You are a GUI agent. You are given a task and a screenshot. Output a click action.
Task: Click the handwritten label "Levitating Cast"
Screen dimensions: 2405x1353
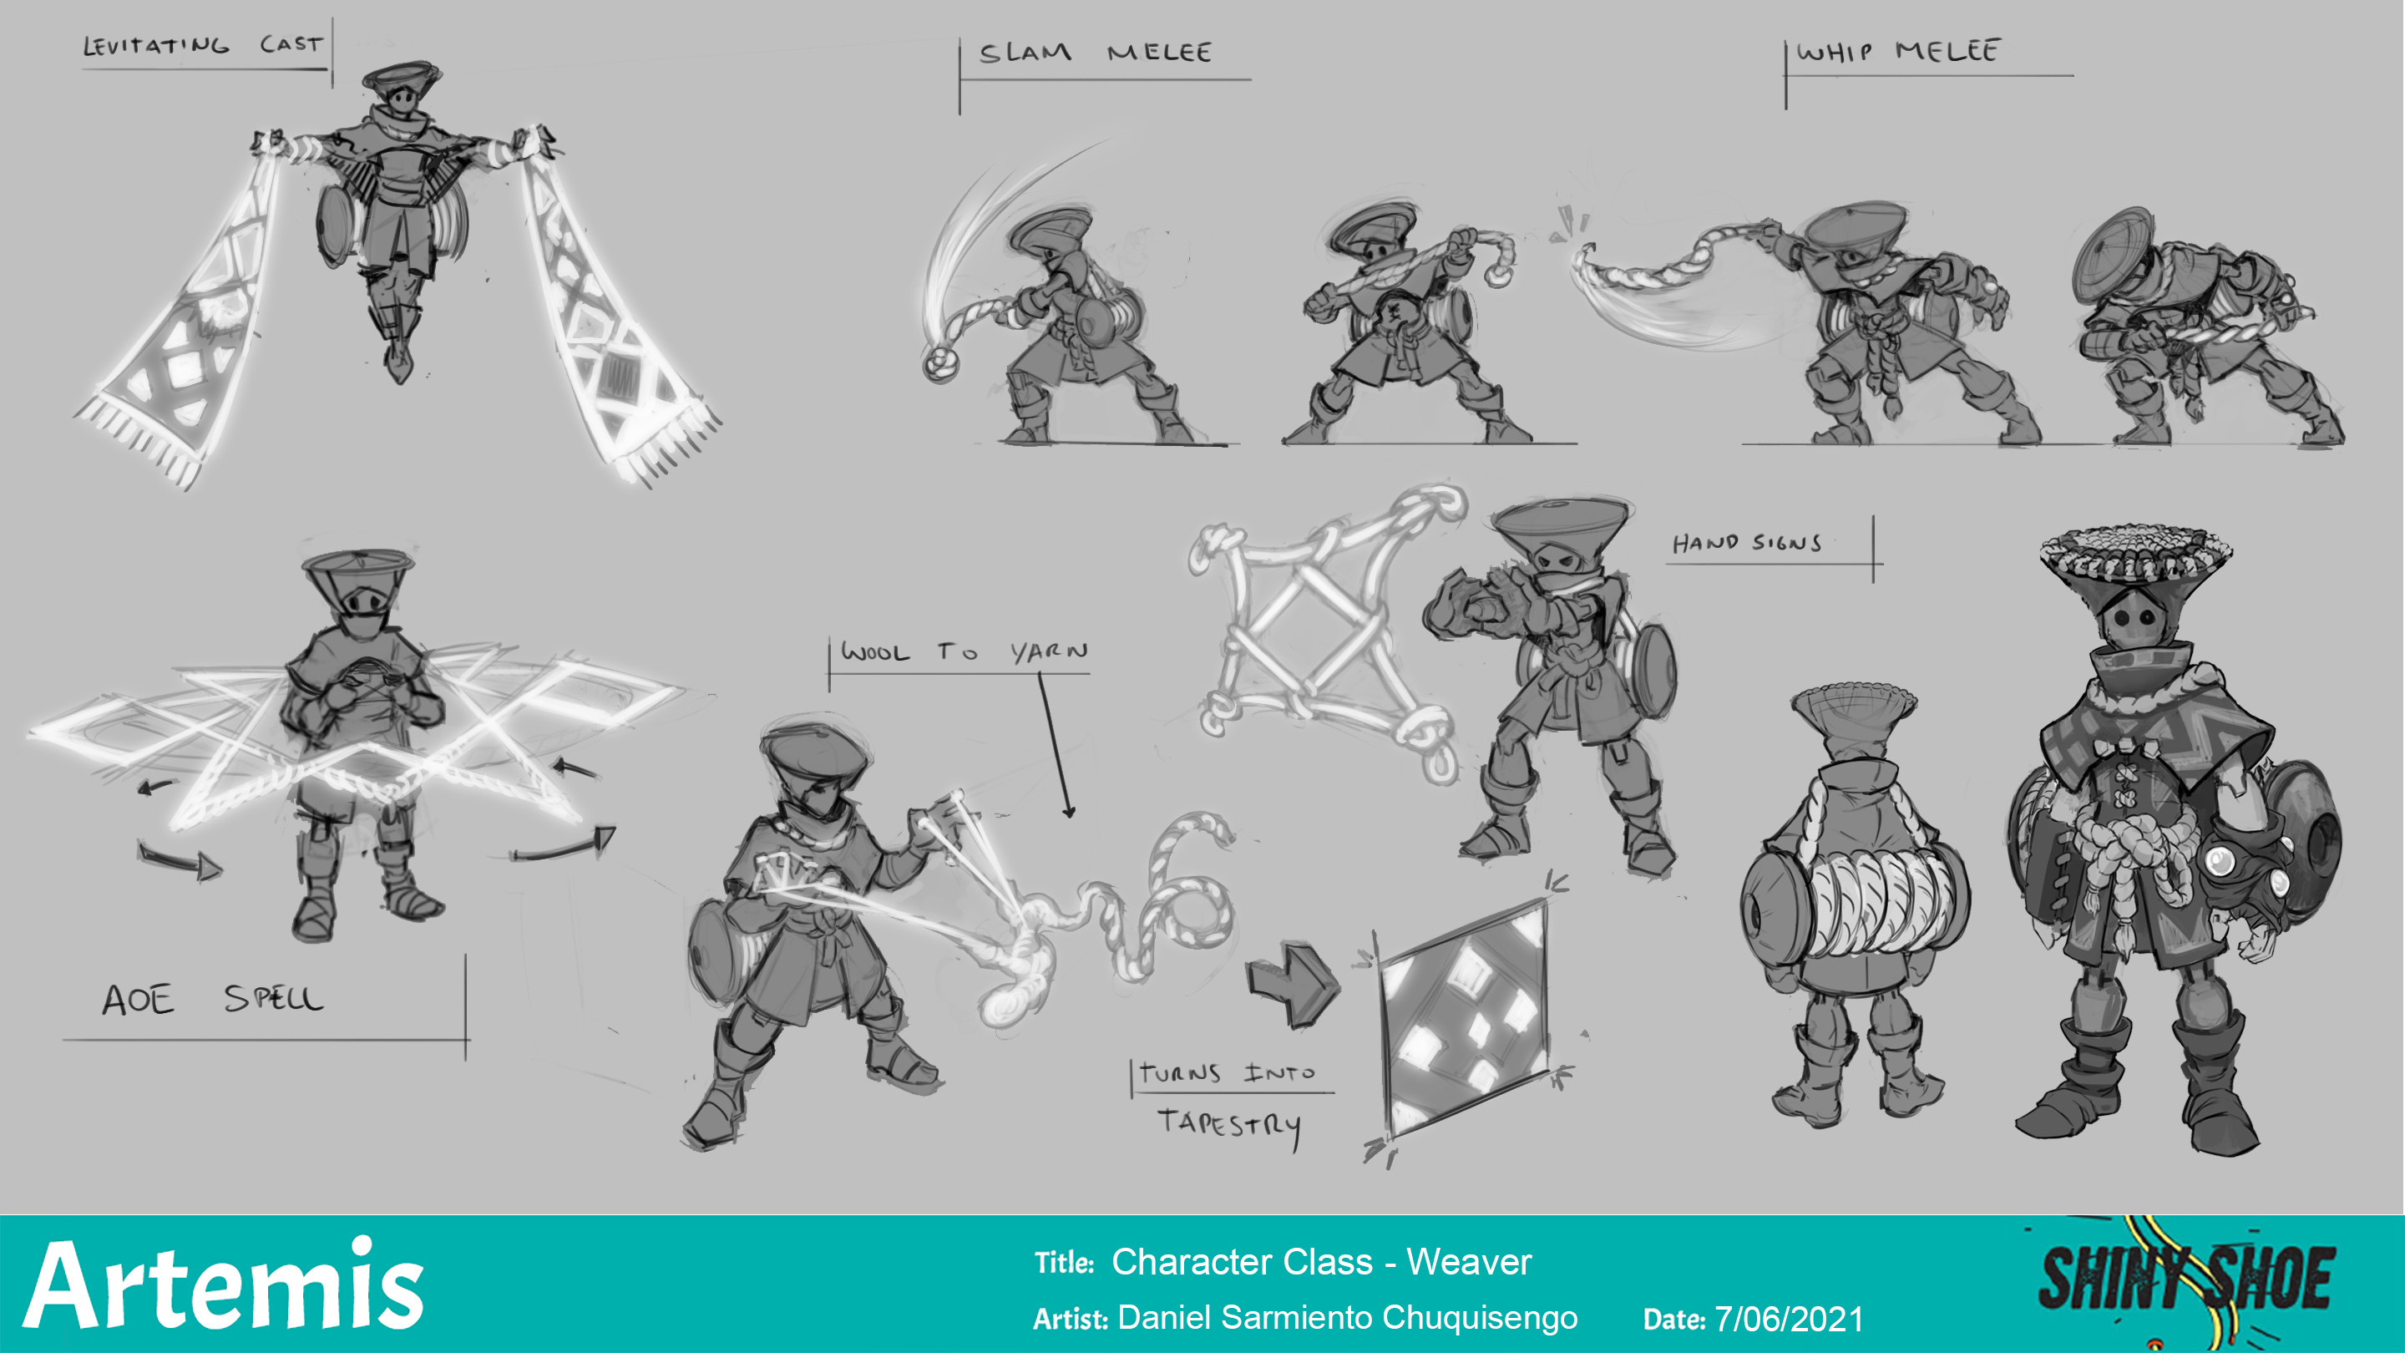[x=203, y=45]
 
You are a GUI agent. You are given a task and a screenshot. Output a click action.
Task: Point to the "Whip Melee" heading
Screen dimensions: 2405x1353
[x=1898, y=50]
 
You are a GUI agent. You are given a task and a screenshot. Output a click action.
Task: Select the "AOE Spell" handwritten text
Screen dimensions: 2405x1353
[x=213, y=999]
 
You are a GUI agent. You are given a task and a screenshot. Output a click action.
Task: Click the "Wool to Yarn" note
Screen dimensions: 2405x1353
[x=965, y=651]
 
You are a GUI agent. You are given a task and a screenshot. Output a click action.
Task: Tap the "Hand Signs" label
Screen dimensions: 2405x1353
[x=1747, y=543]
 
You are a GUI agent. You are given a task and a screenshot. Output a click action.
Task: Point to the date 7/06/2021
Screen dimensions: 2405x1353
[x=1789, y=1320]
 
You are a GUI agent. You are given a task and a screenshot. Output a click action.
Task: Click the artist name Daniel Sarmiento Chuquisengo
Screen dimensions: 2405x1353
[x=1347, y=1318]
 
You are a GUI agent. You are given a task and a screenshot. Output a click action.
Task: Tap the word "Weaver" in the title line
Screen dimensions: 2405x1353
[x=1469, y=1263]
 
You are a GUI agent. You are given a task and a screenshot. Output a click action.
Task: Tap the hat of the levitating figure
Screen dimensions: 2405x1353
[x=402, y=77]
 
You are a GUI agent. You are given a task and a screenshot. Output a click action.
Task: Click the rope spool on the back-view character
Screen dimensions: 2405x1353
[x=1855, y=899]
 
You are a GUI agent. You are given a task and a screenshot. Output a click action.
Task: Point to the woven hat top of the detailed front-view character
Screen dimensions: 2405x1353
[x=2136, y=554]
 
